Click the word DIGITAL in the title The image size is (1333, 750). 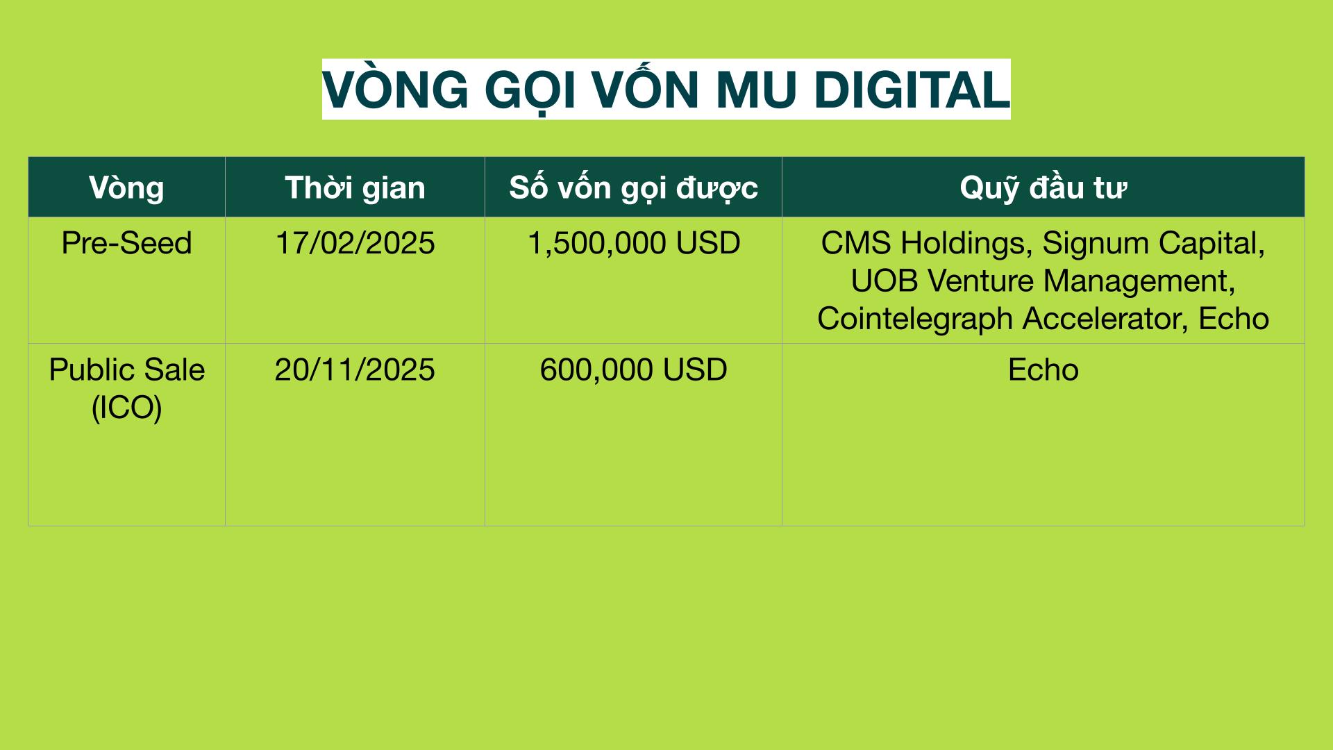click(x=912, y=90)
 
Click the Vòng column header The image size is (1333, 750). click(x=126, y=187)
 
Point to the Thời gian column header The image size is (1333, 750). click(x=355, y=187)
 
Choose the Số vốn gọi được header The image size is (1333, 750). click(x=633, y=187)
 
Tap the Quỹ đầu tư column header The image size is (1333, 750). click(x=1043, y=187)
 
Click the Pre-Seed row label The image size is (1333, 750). click(x=126, y=243)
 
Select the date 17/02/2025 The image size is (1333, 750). click(x=355, y=243)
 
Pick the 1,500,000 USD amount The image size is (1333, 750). click(x=634, y=243)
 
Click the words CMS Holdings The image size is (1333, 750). click(x=923, y=244)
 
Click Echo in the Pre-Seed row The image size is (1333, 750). click(x=1234, y=319)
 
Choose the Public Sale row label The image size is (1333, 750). click(x=126, y=369)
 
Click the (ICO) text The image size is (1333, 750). click(x=126, y=408)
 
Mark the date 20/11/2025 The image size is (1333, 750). click(x=355, y=369)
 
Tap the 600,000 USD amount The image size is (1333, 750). click(x=634, y=369)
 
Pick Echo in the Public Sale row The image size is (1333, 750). click(x=1043, y=369)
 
